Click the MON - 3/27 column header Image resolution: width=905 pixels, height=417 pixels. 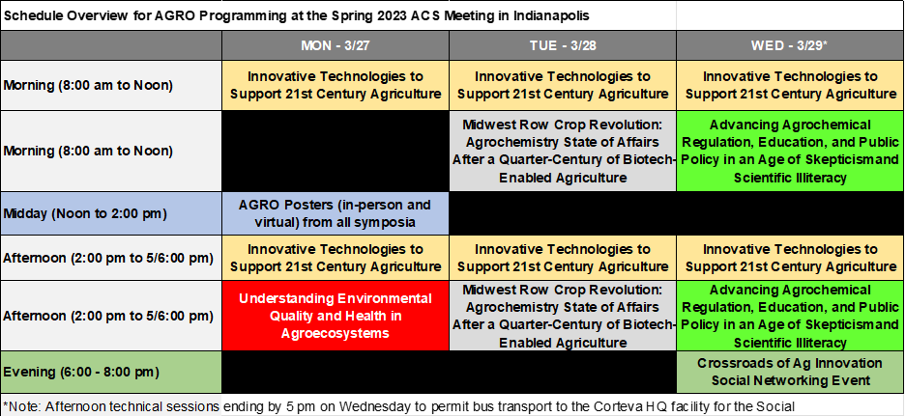point(336,45)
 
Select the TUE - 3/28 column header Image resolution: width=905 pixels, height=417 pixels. point(563,45)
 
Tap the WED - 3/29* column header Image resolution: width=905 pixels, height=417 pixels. point(790,45)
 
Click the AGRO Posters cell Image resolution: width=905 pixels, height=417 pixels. point(336,213)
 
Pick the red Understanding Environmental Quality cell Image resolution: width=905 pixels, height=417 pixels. point(336,316)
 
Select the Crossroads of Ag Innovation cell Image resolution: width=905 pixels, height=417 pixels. point(790,372)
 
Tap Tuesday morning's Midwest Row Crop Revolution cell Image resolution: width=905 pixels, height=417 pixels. point(563,152)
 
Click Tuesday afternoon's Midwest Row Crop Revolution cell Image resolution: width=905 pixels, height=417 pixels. point(563,316)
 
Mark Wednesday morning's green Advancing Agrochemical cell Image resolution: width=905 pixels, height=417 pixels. point(790,152)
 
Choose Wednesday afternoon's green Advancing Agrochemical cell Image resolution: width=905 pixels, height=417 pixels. point(790,316)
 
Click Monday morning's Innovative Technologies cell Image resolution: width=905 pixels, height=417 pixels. point(336,85)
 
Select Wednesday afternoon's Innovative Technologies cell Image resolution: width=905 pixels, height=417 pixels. point(790,258)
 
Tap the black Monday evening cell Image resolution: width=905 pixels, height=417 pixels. point(336,372)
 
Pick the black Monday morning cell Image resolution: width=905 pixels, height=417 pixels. point(336,152)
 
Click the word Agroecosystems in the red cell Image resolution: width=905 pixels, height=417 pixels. point(336,333)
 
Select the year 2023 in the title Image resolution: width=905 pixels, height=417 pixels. point(346,16)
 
